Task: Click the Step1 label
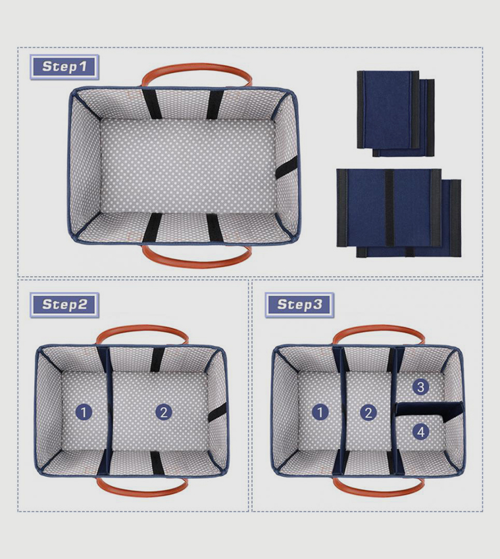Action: (64, 66)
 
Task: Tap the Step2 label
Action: (64, 304)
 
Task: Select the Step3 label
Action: (299, 304)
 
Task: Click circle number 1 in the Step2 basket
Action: (83, 412)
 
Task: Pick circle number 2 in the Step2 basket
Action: (163, 412)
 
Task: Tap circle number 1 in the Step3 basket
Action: (320, 412)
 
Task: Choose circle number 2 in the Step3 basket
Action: (368, 412)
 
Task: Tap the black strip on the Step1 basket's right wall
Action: (286, 168)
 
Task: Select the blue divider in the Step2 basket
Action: (108, 410)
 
